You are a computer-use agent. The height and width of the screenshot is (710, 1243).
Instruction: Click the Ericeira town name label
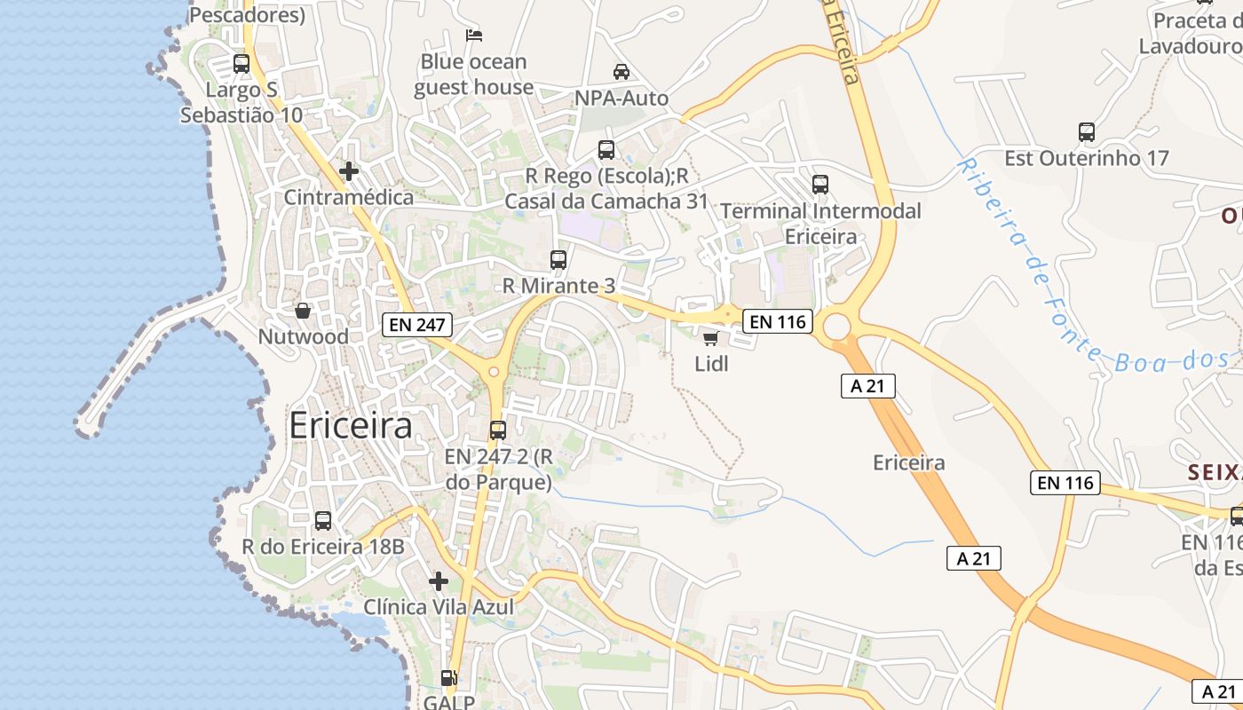point(351,427)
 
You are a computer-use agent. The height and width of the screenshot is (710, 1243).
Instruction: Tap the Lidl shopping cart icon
point(710,338)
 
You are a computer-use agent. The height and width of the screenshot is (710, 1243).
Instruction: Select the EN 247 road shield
point(417,325)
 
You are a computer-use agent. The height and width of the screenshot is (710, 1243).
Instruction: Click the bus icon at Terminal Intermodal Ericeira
point(820,185)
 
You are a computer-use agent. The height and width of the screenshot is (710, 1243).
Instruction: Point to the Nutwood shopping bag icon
point(303,311)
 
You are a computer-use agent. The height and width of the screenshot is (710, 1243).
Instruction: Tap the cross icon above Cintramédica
point(349,170)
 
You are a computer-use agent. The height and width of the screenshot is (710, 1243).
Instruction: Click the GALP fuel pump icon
point(449,678)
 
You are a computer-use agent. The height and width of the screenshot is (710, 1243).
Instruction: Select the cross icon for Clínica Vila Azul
point(439,581)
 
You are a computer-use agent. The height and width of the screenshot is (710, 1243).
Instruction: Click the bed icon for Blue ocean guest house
point(474,35)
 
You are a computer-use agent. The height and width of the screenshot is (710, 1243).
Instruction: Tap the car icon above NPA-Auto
point(621,72)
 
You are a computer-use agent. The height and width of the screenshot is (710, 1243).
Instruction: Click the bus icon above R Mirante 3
point(558,260)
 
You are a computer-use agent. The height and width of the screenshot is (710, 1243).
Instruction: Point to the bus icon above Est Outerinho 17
point(1087,133)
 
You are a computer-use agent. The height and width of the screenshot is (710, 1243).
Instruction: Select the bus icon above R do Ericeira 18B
point(323,521)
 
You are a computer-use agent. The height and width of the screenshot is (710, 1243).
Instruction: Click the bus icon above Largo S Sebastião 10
point(241,64)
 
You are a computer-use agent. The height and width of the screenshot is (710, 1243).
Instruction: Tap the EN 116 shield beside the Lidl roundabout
point(778,321)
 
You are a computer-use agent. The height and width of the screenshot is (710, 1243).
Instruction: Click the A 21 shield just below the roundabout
point(868,386)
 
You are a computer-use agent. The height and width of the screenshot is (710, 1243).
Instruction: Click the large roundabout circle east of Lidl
point(837,327)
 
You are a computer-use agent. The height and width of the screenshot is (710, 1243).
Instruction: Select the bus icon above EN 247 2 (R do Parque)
point(498,430)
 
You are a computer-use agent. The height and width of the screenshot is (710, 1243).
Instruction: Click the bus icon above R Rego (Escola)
point(606,150)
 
